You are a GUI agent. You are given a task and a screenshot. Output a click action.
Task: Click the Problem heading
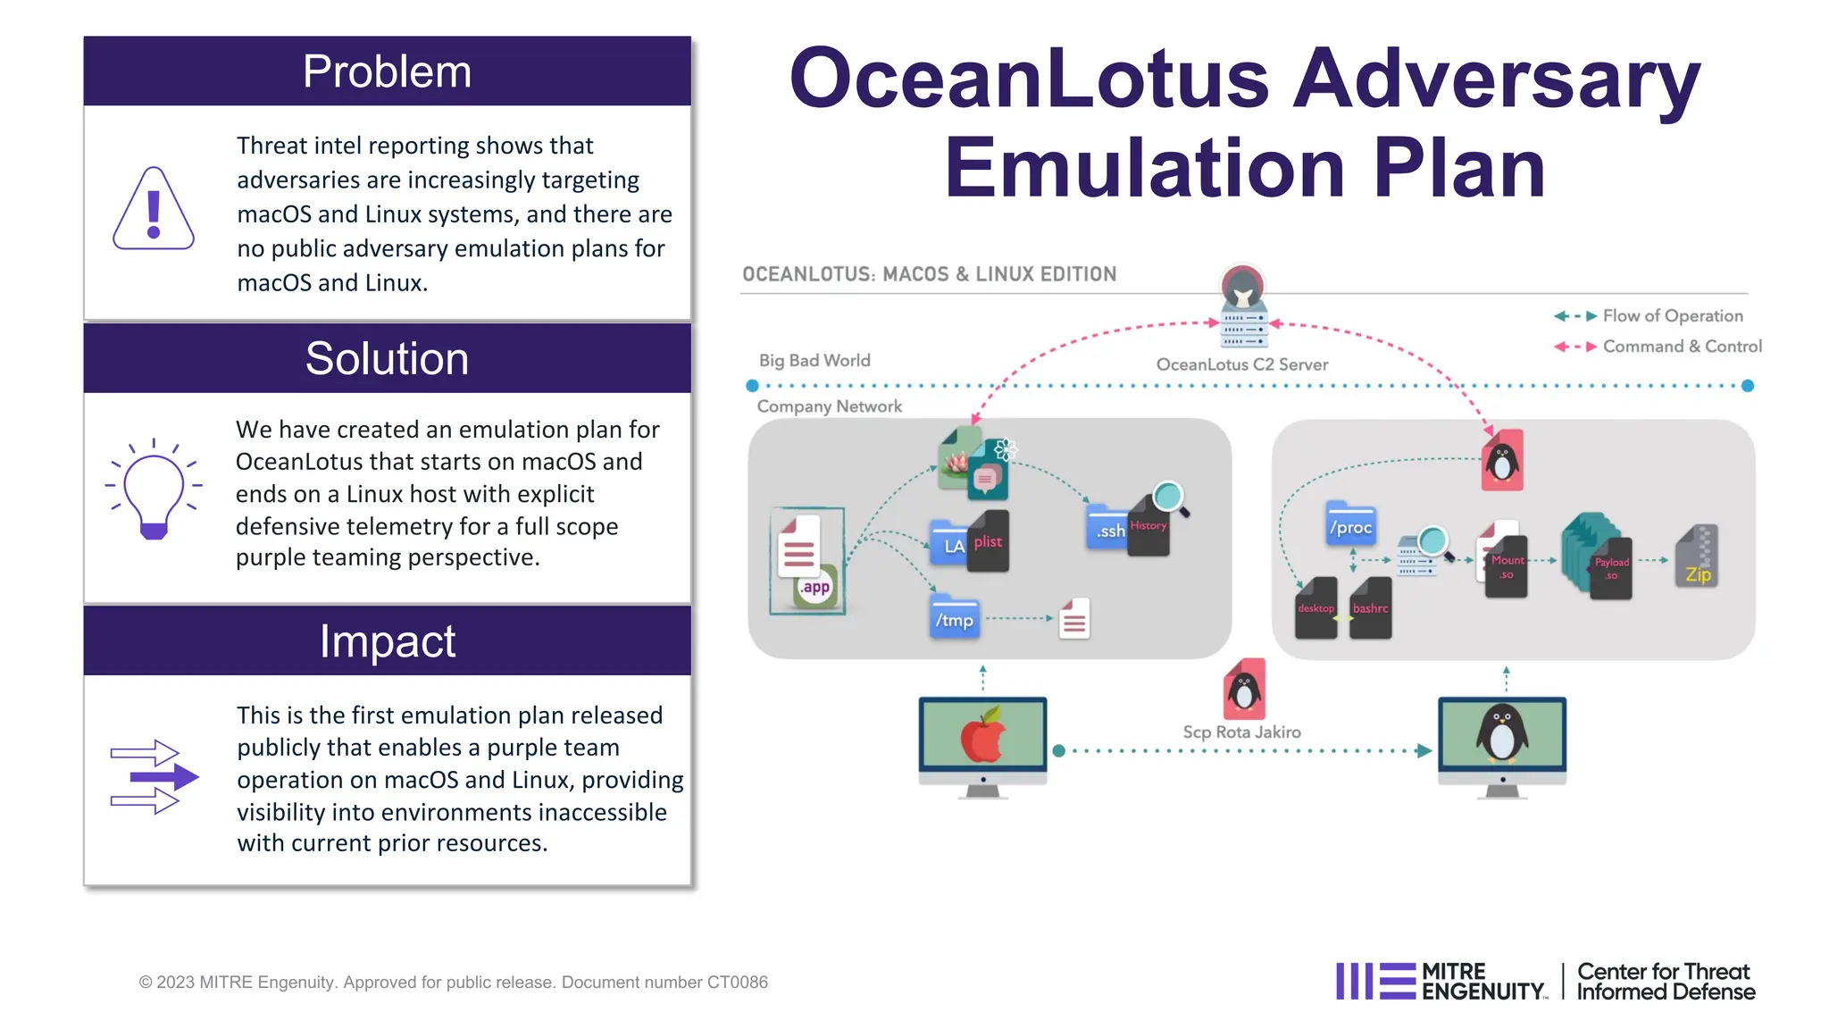(387, 71)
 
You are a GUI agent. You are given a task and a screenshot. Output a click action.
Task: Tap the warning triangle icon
(154, 210)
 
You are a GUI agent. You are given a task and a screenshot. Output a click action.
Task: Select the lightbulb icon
(154, 489)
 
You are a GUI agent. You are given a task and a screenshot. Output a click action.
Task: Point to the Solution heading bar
(387, 358)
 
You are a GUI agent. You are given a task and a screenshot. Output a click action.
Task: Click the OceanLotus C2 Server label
(1241, 364)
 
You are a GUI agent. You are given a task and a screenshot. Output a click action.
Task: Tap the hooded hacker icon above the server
(1242, 287)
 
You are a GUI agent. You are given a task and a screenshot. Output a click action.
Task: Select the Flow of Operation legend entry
(1672, 315)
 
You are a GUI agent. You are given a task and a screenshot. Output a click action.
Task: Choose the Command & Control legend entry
(1682, 346)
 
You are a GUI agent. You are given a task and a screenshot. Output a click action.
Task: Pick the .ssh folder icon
(1107, 527)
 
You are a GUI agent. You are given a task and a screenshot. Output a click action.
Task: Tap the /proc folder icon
(1350, 524)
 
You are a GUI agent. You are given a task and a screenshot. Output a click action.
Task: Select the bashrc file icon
(1370, 608)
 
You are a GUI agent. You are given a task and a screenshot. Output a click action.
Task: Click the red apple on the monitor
(982, 737)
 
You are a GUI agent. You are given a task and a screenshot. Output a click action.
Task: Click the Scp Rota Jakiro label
(1241, 732)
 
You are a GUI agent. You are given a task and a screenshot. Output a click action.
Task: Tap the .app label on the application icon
(814, 587)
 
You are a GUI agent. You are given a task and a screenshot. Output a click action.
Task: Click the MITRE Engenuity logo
(1441, 981)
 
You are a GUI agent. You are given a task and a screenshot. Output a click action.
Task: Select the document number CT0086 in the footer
(737, 982)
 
